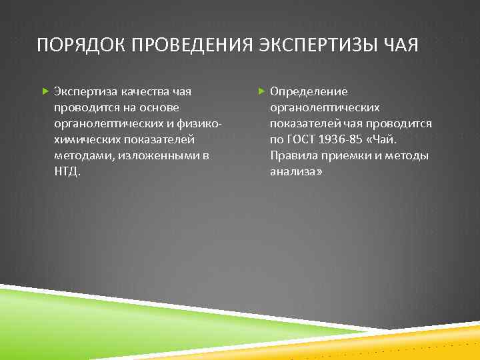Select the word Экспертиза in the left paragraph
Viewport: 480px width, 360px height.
tap(83, 91)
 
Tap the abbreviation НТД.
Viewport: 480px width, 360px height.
tap(67, 171)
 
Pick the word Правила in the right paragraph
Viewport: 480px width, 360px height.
tap(293, 155)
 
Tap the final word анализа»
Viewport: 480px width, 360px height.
tap(296, 171)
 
